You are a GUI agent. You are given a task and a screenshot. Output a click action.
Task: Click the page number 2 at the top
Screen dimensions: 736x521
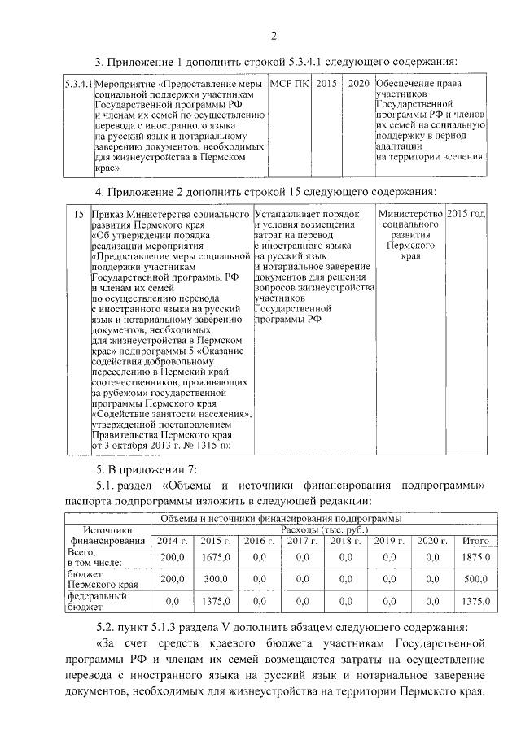tap(274, 34)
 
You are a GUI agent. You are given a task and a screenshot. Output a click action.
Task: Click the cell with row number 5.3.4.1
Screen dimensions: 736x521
tap(78, 84)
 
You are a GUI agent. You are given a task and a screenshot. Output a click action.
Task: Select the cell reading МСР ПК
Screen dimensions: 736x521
tap(289, 84)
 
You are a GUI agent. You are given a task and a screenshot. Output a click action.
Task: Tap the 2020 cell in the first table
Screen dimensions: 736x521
tap(358, 84)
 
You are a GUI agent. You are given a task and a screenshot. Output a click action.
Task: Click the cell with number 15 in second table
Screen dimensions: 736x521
tap(78, 214)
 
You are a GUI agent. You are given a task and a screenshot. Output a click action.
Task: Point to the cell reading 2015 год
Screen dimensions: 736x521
tap(466, 214)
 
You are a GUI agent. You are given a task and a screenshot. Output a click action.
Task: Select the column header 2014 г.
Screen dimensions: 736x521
tap(172, 541)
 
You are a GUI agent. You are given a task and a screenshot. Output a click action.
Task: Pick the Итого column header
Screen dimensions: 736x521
tap(475, 541)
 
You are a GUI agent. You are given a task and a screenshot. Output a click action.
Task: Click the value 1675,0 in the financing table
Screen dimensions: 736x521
tap(216, 557)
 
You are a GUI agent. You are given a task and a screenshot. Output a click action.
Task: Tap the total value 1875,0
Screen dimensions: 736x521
tap(475, 557)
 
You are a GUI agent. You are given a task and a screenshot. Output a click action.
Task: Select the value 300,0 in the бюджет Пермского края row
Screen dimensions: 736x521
tap(216, 579)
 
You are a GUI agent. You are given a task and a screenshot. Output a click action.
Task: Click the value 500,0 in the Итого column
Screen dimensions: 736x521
tap(475, 579)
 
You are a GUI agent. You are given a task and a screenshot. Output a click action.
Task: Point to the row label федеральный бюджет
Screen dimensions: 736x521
tap(91, 601)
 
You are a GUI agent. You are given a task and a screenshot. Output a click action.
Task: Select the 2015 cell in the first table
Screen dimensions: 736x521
tap(326, 84)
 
